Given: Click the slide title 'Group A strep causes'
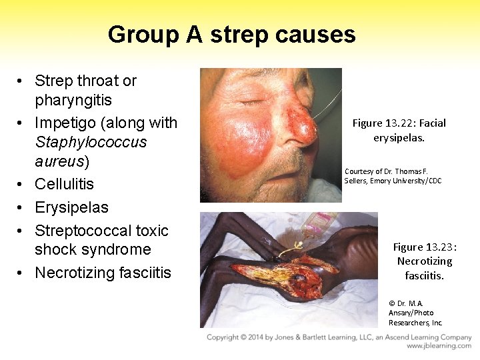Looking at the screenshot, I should pos(231,35).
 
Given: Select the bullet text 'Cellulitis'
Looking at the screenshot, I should pos(64,184).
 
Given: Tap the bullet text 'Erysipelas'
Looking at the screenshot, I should pos(71,207).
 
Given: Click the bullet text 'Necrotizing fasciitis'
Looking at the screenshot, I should pos(103,273).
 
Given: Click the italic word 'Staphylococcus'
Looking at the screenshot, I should pos(91,143).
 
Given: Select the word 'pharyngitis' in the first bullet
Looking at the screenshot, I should pos(73,101).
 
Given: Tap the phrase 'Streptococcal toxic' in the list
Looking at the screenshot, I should pos(101,231).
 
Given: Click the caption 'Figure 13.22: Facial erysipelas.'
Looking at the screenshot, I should pos(399,130).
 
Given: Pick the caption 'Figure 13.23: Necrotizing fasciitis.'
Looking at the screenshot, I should pos(424,261).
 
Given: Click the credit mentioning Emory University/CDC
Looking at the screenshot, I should pos(393,176).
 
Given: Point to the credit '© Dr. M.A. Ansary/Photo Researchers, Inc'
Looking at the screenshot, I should pos(415,313).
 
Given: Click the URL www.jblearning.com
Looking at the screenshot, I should pos(439,346).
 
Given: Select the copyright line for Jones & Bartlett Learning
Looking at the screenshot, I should pos(339,337).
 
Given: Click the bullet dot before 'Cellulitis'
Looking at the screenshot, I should pos(21,185).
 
